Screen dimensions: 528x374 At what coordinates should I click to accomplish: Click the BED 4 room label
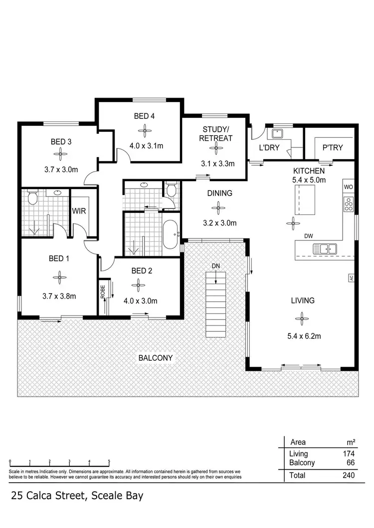point(144,116)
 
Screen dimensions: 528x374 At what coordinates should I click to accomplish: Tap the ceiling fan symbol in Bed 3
point(61,155)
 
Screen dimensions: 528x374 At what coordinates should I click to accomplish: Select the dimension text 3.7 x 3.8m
point(59,296)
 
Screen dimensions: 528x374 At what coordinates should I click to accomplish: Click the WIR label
point(79,211)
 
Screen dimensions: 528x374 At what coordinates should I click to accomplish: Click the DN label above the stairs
point(215,266)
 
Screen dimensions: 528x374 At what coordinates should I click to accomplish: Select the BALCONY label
point(156,358)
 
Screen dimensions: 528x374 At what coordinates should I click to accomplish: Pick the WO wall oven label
point(348,187)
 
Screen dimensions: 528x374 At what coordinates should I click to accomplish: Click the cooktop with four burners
point(348,203)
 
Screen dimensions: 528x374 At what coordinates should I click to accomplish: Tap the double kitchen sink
point(325,248)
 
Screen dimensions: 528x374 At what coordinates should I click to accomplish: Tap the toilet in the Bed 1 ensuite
point(33,199)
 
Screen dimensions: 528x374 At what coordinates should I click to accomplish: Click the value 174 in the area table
point(348,454)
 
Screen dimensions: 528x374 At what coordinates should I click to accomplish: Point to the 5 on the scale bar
point(109,461)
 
